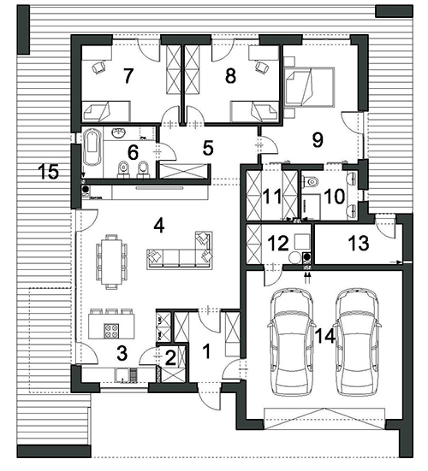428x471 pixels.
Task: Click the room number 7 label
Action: click(128, 76)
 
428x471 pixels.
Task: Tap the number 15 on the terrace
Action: click(49, 172)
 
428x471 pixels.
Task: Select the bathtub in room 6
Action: click(92, 147)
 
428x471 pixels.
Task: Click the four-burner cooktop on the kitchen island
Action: click(111, 332)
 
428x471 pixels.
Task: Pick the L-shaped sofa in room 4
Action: click(180, 250)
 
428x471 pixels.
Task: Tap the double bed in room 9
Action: click(309, 87)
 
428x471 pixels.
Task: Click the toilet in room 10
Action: click(311, 182)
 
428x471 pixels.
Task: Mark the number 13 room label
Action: click(360, 243)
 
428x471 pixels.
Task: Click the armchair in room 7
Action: click(98, 68)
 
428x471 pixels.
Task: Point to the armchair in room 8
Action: click(262, 68)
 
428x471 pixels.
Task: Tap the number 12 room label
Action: click(278, 244)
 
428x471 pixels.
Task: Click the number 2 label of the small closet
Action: click(170, 358)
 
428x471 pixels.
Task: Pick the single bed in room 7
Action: click(106, 111)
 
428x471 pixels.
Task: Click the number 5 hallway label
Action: click(208, 148)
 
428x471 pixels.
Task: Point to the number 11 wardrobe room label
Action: click(272, 197)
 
